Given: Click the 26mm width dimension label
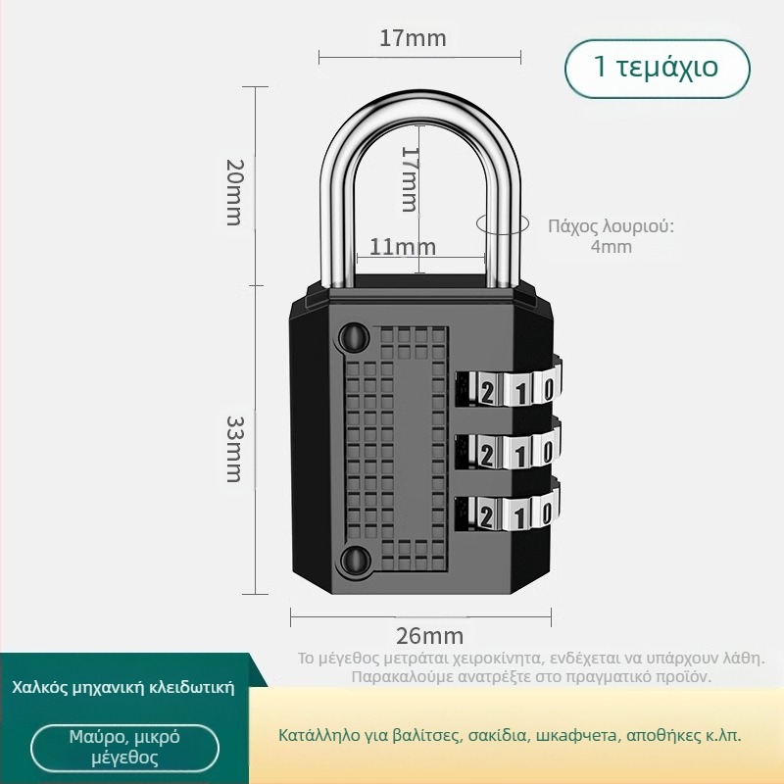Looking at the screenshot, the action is pos(429,636).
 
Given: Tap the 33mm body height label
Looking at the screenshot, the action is pos(234,449).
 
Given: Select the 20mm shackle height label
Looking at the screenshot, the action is pos(234,192).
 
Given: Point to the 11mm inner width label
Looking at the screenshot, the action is pos(403,247).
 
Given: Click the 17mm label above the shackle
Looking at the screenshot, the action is pos(413,38).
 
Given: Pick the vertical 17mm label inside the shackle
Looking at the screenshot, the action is pos(411,178).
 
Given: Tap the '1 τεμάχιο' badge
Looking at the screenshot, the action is pos(657,69).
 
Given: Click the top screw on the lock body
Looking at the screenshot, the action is pos(355,337).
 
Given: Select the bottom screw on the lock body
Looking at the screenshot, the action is pos(355,560).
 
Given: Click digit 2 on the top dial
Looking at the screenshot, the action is pos(486,393).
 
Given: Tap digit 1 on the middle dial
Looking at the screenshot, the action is pos(520,455).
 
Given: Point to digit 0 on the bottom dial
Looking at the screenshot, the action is pos(548,514).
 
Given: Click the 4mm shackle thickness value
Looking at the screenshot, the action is pos(611,247).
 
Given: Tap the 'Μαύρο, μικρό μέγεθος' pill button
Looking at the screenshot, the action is pos(124,748).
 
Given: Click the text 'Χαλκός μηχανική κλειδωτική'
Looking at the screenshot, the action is pos(123,687).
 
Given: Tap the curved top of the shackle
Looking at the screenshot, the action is pos(420,106).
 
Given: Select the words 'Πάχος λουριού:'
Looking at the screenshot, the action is pos(611,226).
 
